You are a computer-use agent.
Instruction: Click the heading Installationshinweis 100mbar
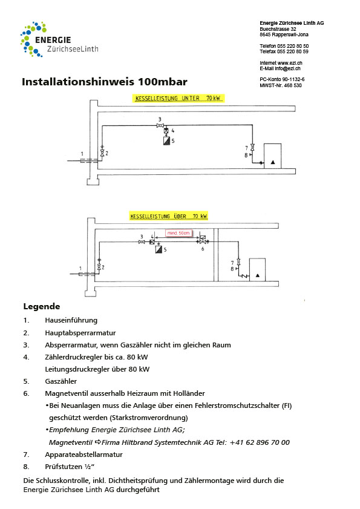tap(105, 82)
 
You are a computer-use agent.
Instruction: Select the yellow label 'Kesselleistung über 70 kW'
tap(168, 216)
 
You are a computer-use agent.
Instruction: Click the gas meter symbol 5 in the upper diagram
tap(166, 140)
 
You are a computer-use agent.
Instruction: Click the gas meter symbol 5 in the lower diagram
tap(157, 248)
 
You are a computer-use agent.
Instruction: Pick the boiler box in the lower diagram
tap(258, 268)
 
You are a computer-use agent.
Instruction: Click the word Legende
tap(42, 306)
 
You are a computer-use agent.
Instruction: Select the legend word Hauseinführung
tap(71, 320)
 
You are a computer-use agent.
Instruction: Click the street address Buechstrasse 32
tap(278, 28)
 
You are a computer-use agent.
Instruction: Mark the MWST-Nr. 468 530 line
tap(280, 85)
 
